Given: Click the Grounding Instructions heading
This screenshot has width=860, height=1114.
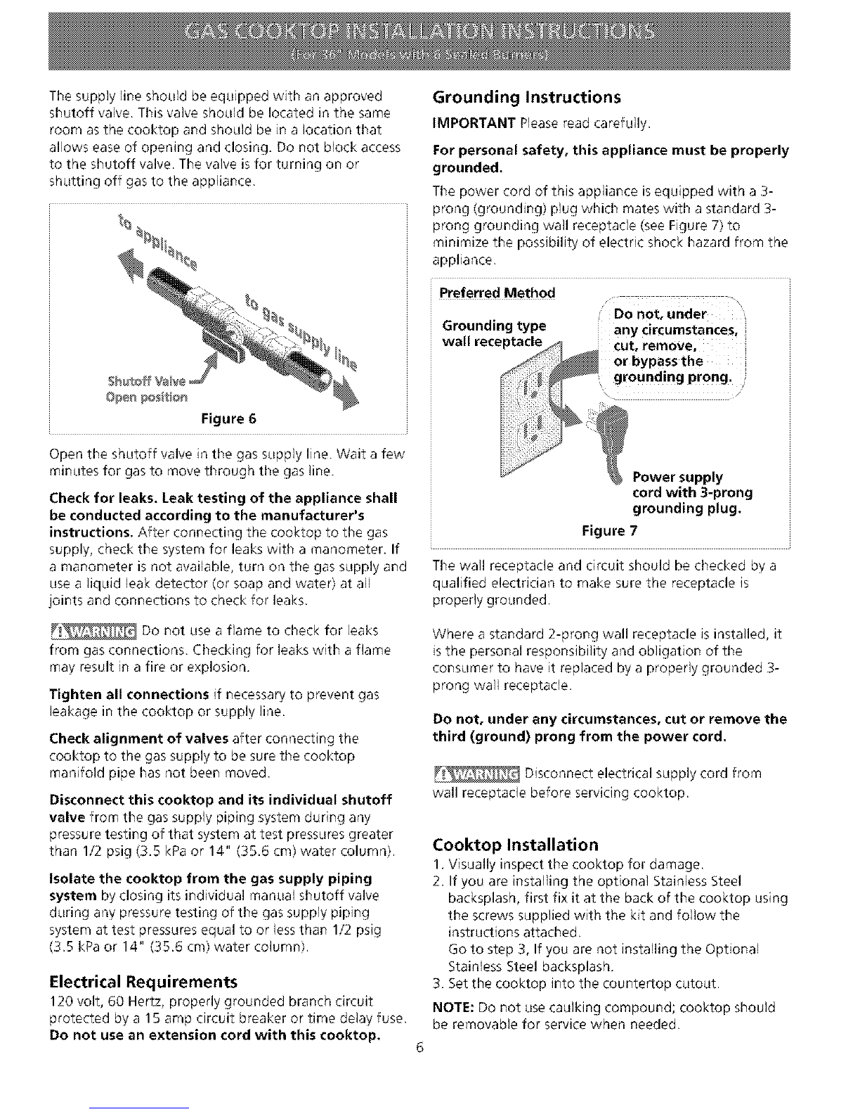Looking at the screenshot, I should click(x=526, y=96).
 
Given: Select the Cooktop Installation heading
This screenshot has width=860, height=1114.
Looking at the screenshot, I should click(x=516, y=845).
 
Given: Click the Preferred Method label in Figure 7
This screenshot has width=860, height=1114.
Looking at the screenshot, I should click(x=497, y=293).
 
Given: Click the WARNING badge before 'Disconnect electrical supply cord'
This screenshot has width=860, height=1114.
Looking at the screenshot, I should click(x=476, y=774).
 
